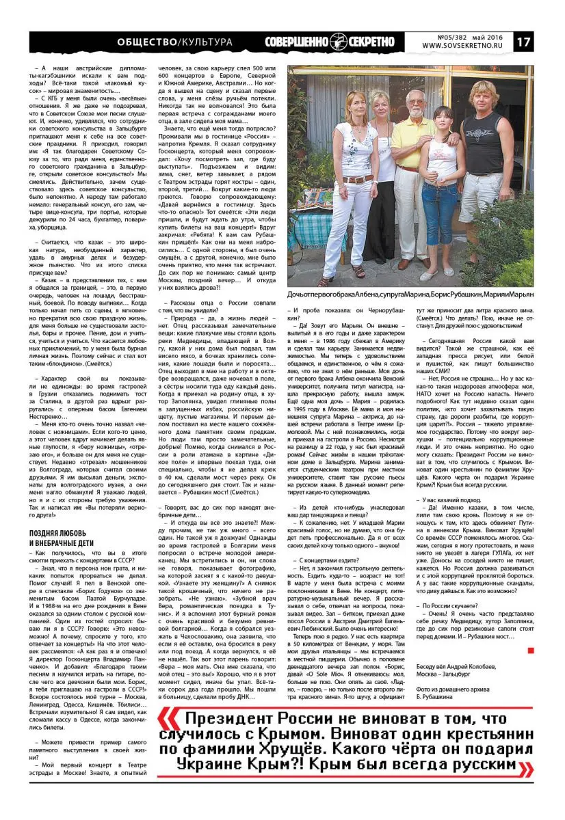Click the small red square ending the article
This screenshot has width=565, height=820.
coord(530,650)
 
